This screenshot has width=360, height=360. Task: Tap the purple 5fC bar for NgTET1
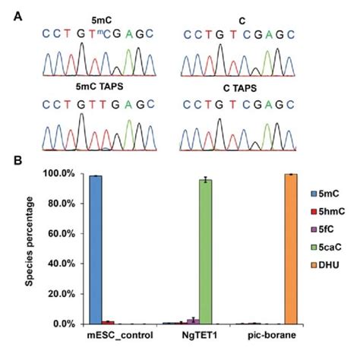pyautogui.click(x=193, y=321)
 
